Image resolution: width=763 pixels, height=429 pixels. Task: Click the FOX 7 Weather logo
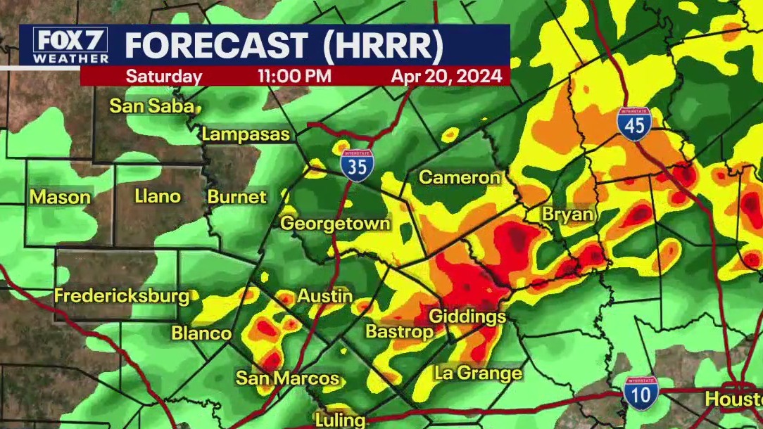pos(70,46)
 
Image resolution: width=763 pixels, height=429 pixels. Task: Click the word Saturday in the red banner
pos(164,77)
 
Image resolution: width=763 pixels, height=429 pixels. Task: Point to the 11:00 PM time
pos(294,77)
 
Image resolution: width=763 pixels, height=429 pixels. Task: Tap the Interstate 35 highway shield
pos(358,166)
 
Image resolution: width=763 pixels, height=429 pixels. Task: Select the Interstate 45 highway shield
pos(636,124)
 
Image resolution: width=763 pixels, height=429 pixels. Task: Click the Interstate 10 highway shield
pos(641,393)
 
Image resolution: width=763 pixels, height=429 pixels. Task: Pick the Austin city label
pos(324,296)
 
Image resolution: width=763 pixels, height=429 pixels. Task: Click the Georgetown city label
pos(335,224)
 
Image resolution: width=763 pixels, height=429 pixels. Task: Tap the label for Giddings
pos(467,316)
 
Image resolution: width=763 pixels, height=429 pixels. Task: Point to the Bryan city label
pos(567,215)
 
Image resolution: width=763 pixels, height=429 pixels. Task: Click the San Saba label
pos(151,106)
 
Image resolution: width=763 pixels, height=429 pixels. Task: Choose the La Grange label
pos(478,373)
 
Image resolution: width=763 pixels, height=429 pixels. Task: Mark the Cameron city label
pos(459,177)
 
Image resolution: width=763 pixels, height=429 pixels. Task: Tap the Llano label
pos(158,196)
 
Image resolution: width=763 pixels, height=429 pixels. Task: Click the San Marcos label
pos(287,378)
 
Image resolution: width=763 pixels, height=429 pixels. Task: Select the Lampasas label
pos(246,134)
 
